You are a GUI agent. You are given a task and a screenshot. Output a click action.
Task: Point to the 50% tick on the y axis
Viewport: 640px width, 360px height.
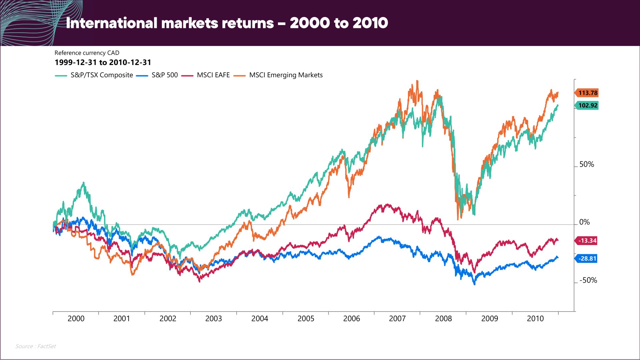pos(586,164)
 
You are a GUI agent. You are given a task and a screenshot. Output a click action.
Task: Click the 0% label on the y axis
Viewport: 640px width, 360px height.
pos(584,222)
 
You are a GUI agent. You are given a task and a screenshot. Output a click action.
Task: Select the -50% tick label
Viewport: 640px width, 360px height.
pos(588,280)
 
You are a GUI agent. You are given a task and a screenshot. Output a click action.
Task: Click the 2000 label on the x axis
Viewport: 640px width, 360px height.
pos(76,319)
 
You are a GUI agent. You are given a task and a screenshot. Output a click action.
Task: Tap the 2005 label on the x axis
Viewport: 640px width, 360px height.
pos(306,319)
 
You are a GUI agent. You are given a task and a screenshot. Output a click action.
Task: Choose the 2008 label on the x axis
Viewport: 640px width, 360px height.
pos(443,319)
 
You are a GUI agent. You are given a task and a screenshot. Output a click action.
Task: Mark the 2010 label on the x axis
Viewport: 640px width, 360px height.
pos(535,319)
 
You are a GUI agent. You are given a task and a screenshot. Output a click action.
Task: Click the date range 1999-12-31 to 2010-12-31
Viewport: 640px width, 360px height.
pos(103,63)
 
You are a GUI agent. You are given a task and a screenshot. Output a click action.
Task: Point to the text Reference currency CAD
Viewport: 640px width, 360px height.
pos(87,53)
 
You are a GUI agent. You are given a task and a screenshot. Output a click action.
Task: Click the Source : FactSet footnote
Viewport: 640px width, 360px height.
pos(36,346)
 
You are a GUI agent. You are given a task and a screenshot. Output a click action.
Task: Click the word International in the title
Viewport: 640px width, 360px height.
pos(111,23)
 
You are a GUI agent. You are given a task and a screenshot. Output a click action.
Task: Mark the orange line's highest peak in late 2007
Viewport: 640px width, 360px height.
pos(417,81)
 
